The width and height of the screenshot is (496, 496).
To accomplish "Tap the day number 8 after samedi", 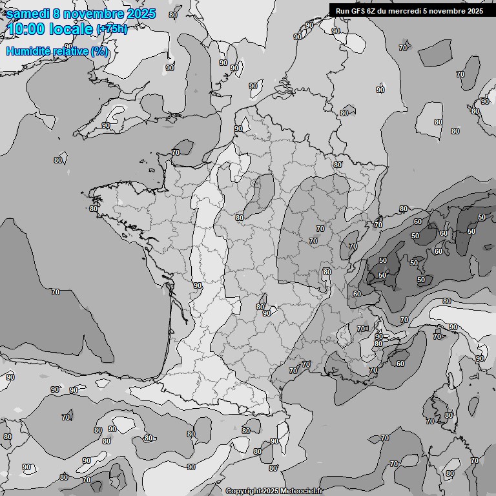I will point(60,13).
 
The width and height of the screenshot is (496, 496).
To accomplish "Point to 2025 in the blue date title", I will point(141,13).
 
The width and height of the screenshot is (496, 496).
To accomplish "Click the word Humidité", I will point(26,51).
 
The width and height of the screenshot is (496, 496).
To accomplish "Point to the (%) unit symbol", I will point(99,51).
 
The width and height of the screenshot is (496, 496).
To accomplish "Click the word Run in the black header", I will point(342,10).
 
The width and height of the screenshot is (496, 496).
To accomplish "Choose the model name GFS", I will point(358,10).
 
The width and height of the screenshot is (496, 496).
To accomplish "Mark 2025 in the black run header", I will point(475,10).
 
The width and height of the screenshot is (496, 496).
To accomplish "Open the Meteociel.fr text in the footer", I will point(300,491).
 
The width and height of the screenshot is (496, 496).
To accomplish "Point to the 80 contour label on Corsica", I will point(449,415).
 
